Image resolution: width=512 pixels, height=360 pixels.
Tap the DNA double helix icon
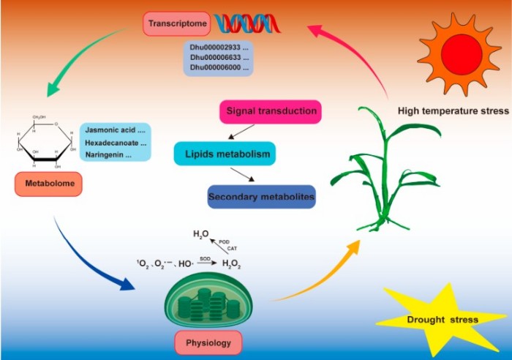(x=233, y=25)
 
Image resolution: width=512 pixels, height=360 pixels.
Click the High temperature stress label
(x=453, y=111)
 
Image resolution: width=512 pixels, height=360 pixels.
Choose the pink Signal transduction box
(x=271, y=112)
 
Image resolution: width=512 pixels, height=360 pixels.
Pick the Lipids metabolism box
(x=224, y=154)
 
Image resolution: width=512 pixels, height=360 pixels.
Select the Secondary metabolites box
(x=260, y=197)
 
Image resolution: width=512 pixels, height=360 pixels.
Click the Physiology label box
(x=208, y=342)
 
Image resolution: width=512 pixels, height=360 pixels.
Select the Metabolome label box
(x=48, y=185)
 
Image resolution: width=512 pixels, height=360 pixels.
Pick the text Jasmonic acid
(x=113, y=130)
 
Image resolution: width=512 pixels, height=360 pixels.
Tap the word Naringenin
(x=108, y=155)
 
